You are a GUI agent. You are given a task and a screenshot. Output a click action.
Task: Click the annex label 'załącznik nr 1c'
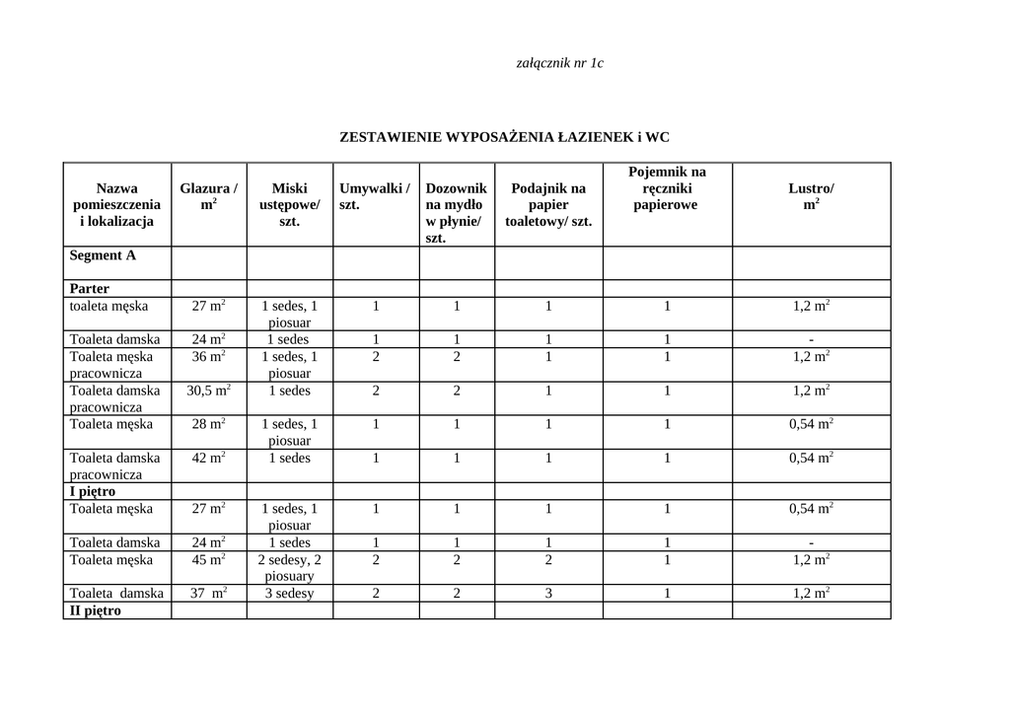pos(559,63)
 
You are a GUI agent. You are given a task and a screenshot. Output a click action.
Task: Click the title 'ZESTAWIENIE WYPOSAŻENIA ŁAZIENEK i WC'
pos(504,137)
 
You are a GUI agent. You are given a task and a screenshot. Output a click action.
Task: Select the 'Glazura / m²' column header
pos(208,196)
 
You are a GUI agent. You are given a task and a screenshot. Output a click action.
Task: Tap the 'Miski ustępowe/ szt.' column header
pos(289,204)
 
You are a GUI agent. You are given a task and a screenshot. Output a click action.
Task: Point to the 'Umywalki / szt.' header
pos(375,196)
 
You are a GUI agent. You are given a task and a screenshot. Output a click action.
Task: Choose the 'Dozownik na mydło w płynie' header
pos(456,212)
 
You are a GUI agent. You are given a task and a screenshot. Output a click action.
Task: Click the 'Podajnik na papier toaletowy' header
pos(548,204)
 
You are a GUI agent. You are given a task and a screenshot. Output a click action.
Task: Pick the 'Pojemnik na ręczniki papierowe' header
pos(667,188)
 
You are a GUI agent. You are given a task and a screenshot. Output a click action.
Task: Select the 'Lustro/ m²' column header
pos(811,196)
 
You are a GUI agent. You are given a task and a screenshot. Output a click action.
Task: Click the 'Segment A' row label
pos(103,255)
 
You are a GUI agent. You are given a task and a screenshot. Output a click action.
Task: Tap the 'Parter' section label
pos(90,289)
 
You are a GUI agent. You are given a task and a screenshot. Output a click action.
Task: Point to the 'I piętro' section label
pos(93,491)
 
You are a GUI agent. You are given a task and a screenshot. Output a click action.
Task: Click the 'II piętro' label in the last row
pos(96,610)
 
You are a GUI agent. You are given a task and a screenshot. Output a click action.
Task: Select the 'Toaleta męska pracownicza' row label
pos(106,365)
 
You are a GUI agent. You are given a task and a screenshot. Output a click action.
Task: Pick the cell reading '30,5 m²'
pos(208,391)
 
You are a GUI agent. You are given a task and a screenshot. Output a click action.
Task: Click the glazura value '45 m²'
pos(208,559)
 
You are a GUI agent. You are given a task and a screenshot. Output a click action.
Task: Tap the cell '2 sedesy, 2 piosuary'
pos(289,567)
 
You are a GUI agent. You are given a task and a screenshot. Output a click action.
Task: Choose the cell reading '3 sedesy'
pos(289,593)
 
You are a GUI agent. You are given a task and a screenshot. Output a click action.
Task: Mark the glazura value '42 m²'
pos(208,458)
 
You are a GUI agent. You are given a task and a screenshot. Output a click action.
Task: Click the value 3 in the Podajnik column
pos(548,593)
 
